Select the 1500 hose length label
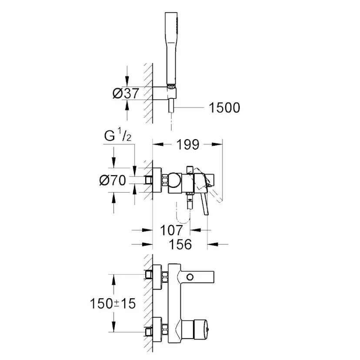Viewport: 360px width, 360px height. coord(224,107)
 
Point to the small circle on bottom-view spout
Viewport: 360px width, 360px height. coord(190,277)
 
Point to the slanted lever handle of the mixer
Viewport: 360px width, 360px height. coord(204,200)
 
